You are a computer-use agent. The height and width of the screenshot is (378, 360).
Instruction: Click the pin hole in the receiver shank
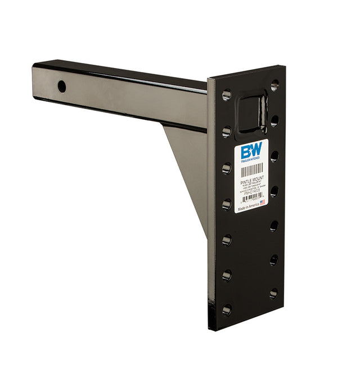pos(61,87)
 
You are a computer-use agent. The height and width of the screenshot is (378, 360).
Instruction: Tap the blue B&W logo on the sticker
pos(251,151)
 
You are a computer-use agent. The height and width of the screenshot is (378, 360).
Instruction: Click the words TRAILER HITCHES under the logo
pos(251,161)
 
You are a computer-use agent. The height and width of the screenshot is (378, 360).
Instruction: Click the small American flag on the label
pos(263,202)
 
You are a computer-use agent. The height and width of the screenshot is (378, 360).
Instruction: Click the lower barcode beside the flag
pos(250,199)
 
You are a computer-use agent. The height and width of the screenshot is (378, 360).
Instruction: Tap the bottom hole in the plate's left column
pos(227,310)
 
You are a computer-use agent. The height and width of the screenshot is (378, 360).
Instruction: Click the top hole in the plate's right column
pos(274,85)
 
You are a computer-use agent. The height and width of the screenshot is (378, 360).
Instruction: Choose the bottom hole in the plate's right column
pos(273,293)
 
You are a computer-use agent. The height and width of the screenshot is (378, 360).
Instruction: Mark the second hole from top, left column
pos(226,131)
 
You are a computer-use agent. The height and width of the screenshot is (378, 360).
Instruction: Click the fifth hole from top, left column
pos(226,240)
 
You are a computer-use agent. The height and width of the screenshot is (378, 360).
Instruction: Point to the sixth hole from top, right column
pos(273,260)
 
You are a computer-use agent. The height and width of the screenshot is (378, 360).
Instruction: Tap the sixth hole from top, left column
pos(226,275)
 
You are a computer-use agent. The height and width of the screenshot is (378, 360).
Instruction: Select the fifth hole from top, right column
pos(274,226)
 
